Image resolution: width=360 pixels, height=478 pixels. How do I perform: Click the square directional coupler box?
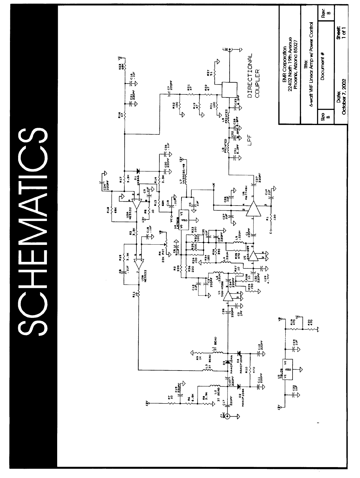tap(229, 90)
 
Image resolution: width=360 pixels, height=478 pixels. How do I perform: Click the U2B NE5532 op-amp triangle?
tap(139, 264)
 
